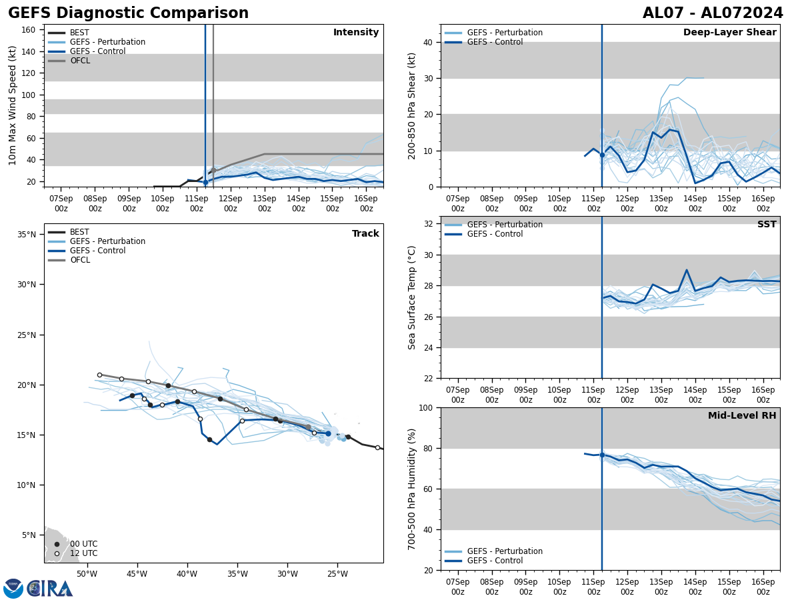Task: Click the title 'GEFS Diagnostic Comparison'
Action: (128, 13)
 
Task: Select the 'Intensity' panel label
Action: (356, 33)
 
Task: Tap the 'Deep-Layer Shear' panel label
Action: (729, 33)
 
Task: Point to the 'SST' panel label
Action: (767, 225)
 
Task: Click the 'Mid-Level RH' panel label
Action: (742, 416)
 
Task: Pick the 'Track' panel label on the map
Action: (365, 234)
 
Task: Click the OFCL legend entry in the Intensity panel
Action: (79, 61)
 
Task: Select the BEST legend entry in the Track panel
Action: (79, 232)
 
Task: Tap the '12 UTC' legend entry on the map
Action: (83, 553)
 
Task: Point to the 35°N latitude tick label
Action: (27, 235)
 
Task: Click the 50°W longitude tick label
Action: (87, 574)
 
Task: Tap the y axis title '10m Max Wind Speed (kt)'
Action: (13, 105)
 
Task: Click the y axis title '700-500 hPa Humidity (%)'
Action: (412, 489)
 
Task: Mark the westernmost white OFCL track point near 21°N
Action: (99, 375)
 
